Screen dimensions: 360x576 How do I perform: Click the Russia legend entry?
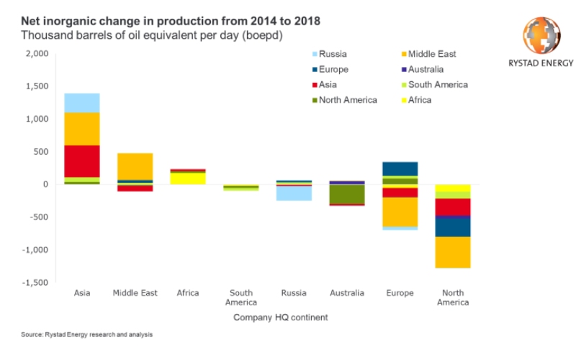point(333,54)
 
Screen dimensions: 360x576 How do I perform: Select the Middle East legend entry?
point(430,54)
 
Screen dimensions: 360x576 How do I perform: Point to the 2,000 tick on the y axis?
point(36,54)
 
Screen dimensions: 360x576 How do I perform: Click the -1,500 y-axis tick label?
point(34,283)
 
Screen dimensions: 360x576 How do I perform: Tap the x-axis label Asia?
point(82,293)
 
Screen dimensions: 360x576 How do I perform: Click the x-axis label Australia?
point(347,293)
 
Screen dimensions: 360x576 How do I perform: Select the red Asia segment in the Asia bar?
point(82,161)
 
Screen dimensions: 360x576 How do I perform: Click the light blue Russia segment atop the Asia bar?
point(82,102)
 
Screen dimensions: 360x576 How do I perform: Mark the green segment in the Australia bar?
point(347,194)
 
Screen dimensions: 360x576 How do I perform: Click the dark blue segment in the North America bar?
point(453,226)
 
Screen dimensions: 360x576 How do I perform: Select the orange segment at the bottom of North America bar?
point(453,252)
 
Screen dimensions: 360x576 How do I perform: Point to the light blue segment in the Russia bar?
point(294,193)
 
